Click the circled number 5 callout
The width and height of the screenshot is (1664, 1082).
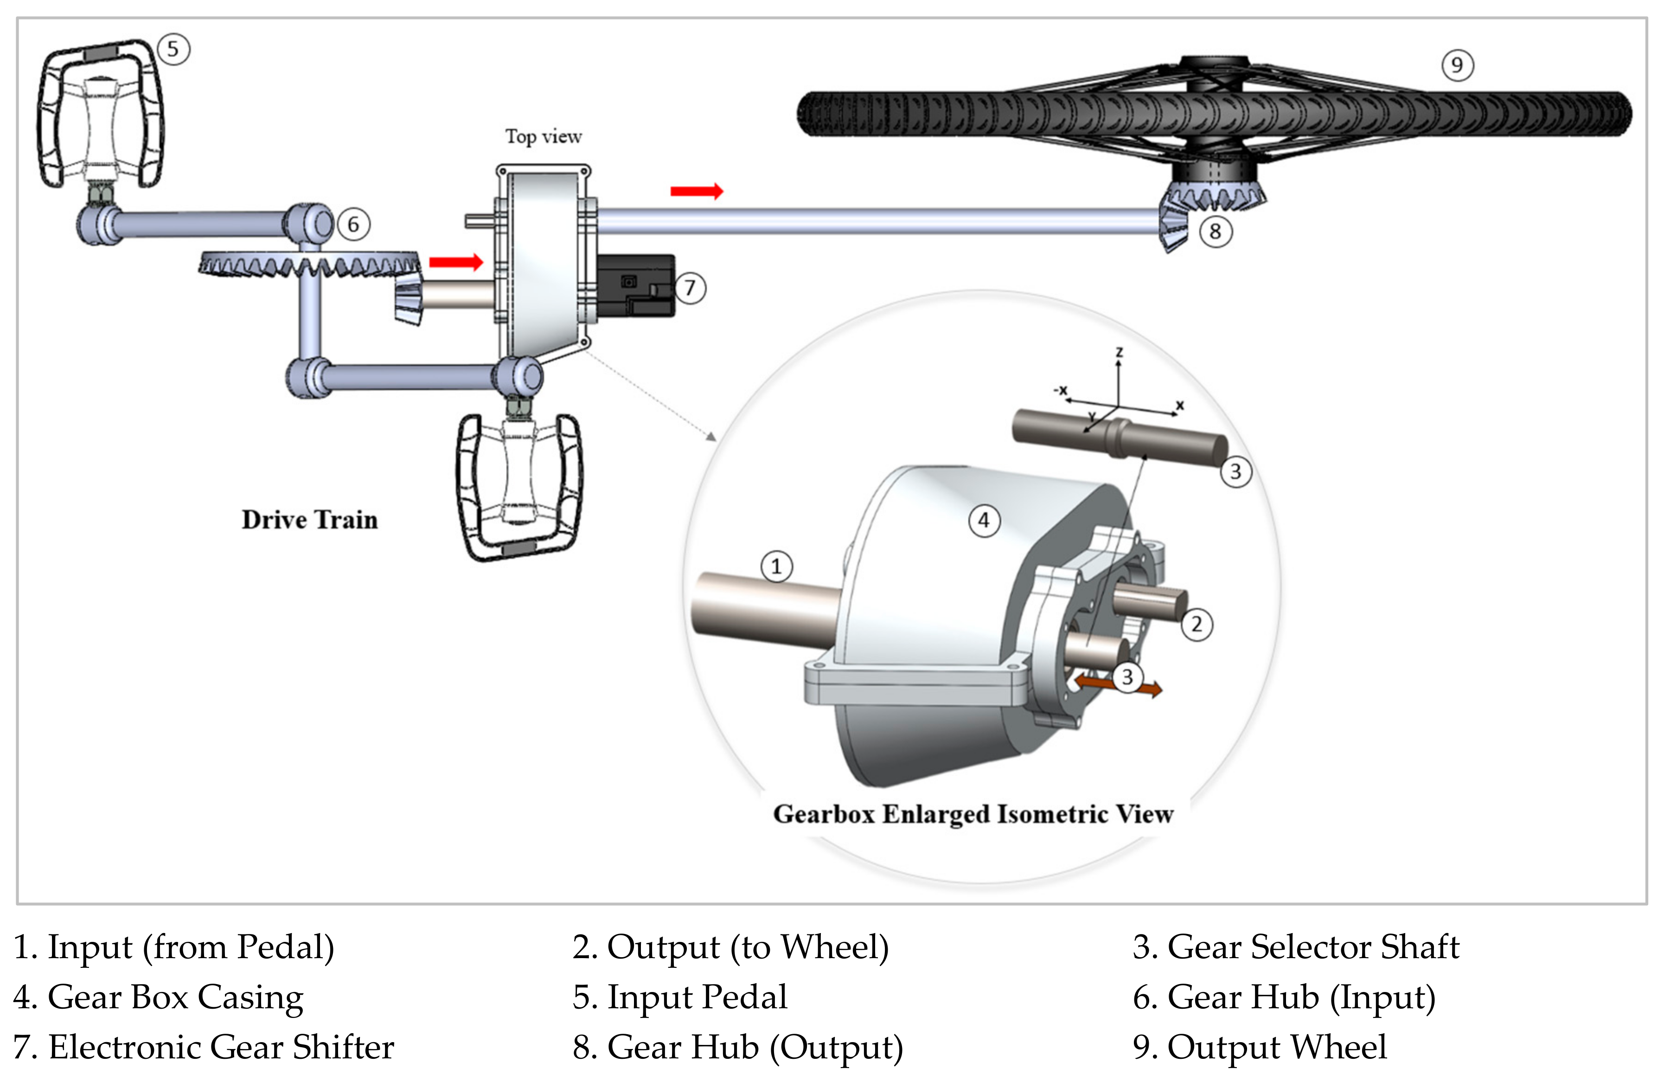173,50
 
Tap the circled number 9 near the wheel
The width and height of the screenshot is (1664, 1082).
1457,65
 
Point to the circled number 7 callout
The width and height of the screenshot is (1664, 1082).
690,288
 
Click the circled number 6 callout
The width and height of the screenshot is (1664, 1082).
353,225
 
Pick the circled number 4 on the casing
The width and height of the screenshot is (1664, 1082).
984,521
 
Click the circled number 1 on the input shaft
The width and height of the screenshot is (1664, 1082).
776,567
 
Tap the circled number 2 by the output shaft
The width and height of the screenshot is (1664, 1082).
1196,624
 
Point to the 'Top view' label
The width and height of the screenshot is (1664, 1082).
543,136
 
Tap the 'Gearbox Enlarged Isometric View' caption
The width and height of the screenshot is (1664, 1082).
973,814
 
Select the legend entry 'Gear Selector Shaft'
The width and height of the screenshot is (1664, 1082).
1296,947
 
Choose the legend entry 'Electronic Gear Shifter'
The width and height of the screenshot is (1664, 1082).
204,1047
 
